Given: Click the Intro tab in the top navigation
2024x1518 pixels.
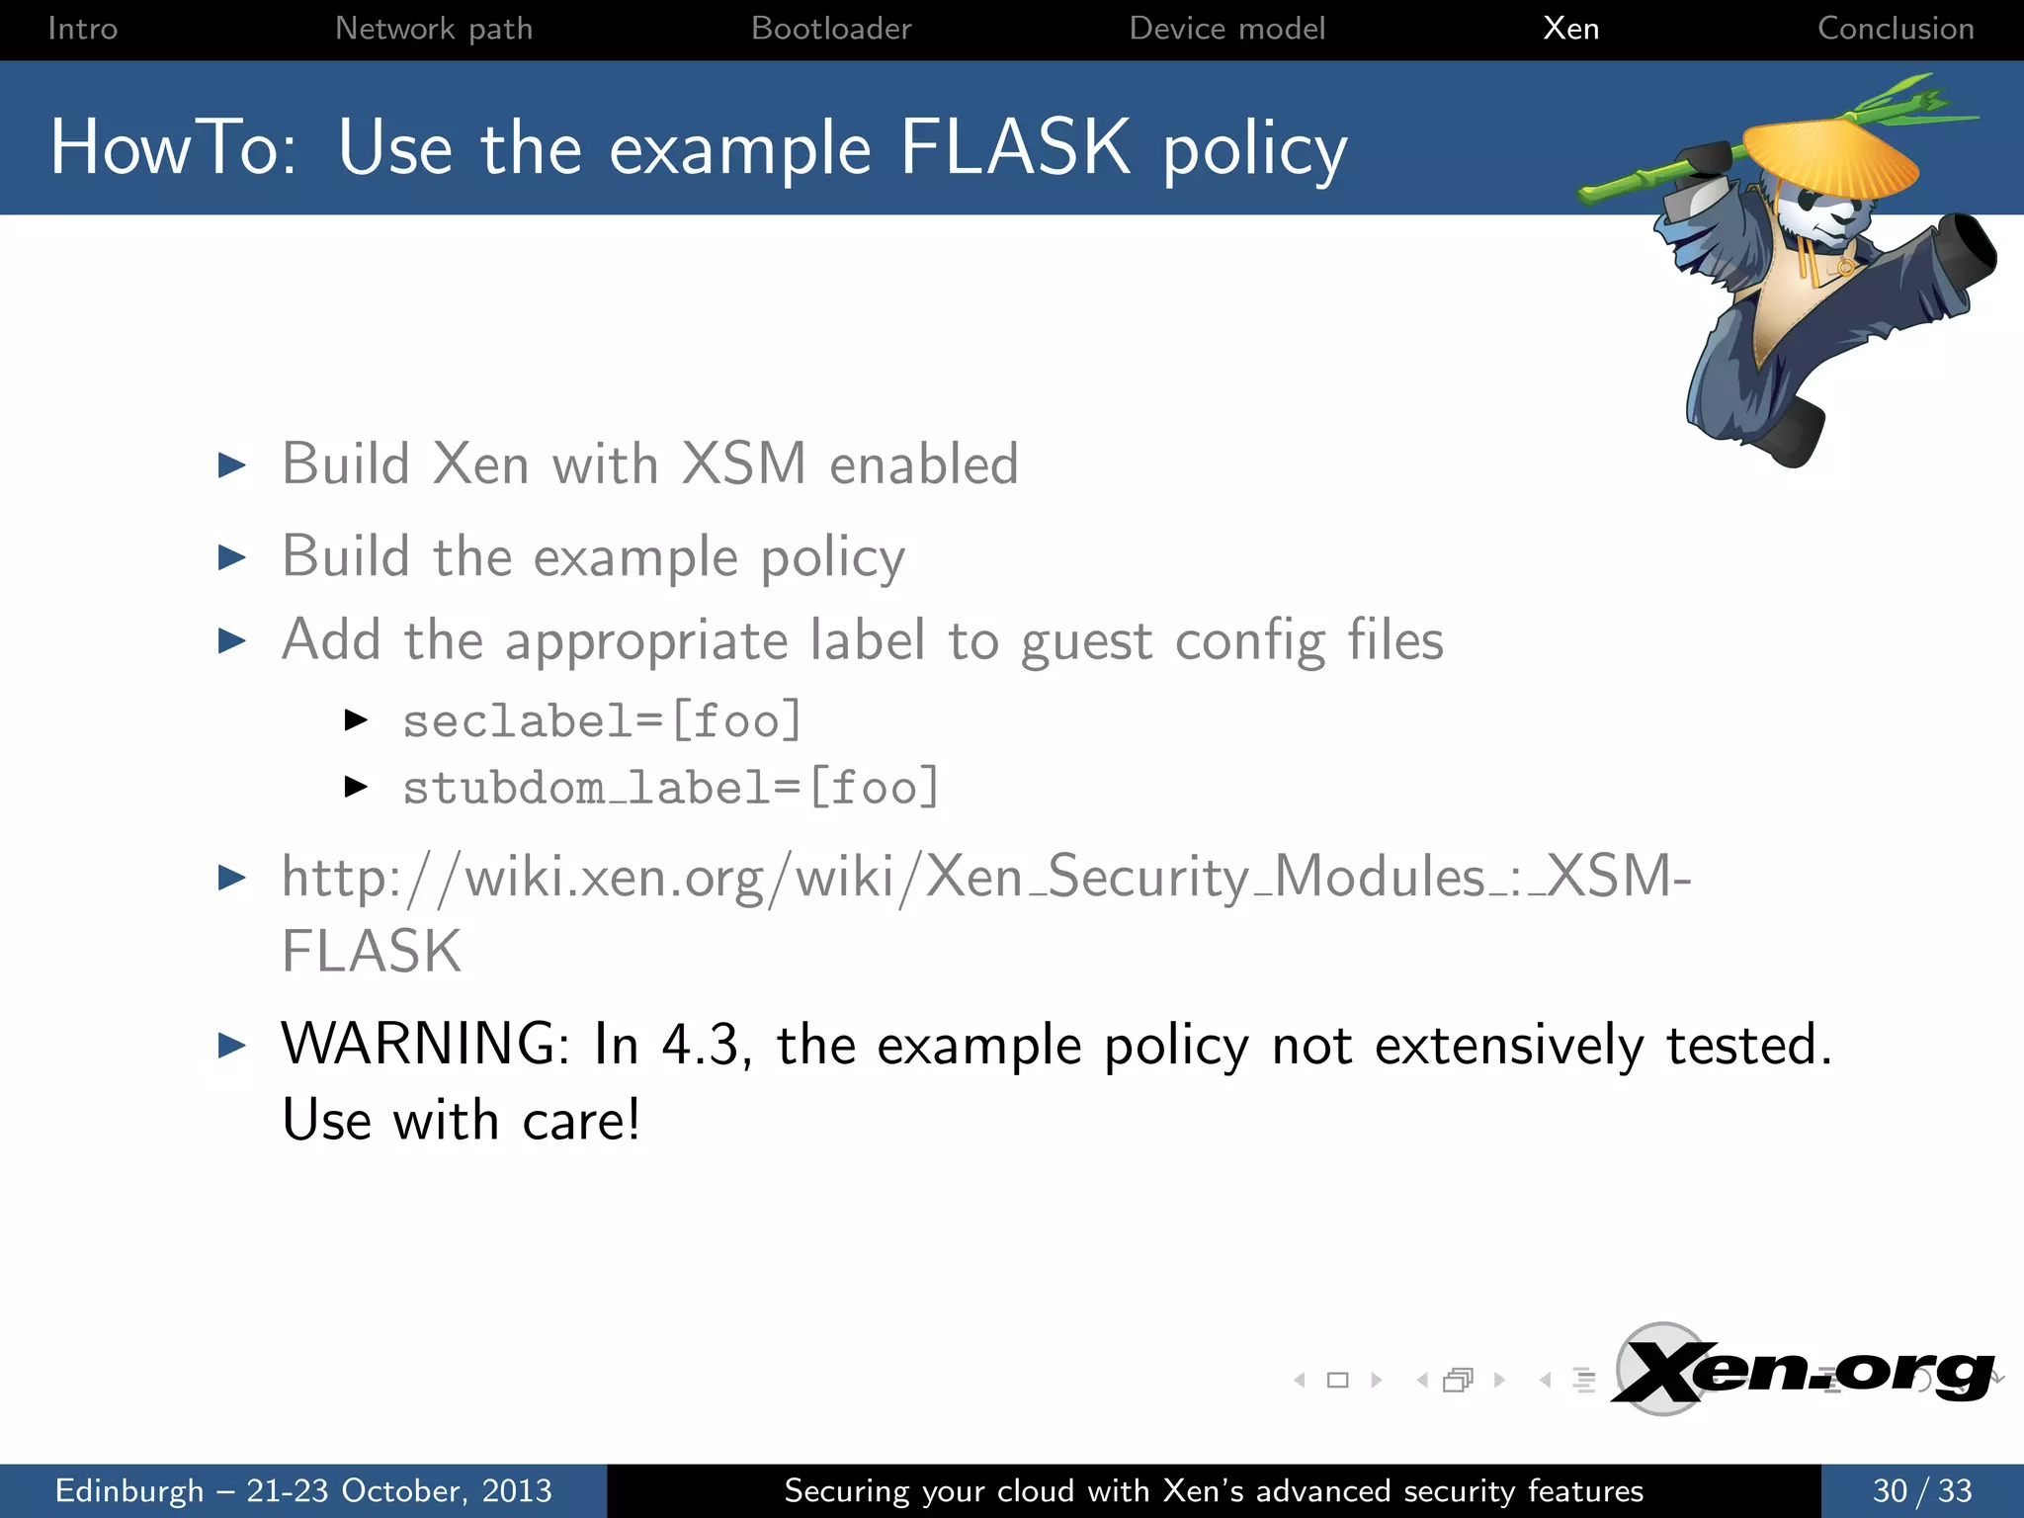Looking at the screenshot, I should point(82,29).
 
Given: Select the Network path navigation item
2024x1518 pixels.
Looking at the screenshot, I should point(434,29).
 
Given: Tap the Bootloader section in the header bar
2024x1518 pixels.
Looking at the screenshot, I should point(831,29).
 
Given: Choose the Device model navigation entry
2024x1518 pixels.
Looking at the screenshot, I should point(1226,29).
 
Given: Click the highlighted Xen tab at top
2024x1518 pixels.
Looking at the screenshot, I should point(1570,29).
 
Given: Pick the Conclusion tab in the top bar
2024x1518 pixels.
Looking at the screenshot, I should point(1896,29).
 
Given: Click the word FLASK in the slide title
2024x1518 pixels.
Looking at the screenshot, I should point(1014,148).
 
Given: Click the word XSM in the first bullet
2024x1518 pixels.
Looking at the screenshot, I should point(743,464).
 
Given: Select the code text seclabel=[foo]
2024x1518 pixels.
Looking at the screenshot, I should point(602,720).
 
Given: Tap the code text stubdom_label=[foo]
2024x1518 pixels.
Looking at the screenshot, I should point(670,788).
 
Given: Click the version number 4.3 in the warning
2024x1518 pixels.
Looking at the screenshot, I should point(701,1045).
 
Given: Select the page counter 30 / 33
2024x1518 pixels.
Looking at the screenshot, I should point(1921,1490).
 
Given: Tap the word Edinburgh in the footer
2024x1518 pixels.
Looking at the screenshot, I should point(129,1490).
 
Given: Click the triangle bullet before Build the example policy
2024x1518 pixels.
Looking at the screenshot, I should point(232,557).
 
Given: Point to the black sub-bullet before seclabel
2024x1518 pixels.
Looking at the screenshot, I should point(356,720).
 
